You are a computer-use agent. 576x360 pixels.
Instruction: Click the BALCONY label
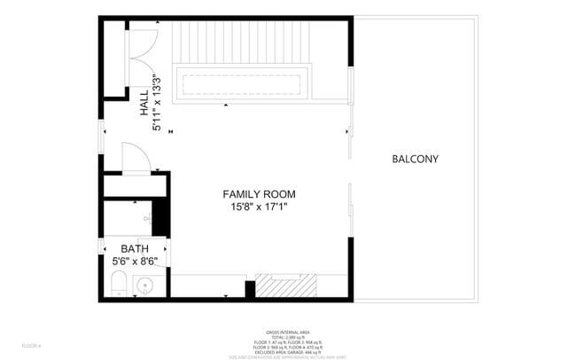415,160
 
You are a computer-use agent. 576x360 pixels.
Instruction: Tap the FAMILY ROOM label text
259,194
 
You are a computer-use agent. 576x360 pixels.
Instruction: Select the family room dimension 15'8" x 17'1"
259,207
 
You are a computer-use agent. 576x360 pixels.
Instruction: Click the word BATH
135,249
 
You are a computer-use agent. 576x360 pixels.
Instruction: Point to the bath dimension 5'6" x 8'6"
135,262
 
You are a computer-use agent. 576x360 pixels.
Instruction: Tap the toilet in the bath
117,285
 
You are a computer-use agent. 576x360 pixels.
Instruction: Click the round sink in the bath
145,286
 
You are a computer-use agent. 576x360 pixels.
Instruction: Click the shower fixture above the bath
147,217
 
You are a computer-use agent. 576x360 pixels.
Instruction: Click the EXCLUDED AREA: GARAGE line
288,351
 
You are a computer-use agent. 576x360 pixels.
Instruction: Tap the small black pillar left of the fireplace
250,289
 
